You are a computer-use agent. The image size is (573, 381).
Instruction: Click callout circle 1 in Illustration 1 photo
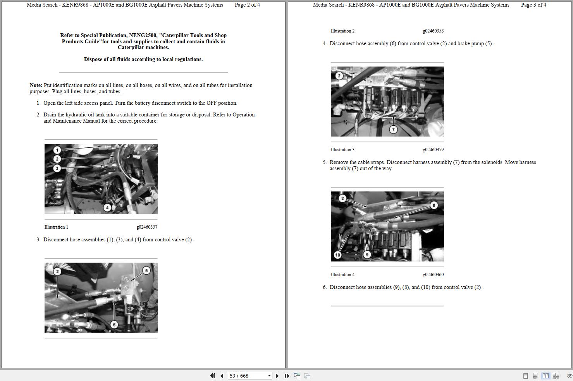pyautogui.click(x=57, y=150)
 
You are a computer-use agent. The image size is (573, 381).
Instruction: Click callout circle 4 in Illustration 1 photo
pyautogui.click(x=107, y=207)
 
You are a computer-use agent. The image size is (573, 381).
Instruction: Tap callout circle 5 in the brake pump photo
pyautogui.click(x=146, y=270)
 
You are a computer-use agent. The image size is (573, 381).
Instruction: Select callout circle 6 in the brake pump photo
pyautogui.click(x=114, y=325)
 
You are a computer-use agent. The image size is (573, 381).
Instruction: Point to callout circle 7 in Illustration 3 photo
pyautogui.click(x=393, y=130)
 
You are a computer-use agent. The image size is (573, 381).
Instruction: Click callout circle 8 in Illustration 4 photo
pyautogui.click(x=434, y=205)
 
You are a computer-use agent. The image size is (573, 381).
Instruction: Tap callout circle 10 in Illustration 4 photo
pyautogui.click(x=337, y=255)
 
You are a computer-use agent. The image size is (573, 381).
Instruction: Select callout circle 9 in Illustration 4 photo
pyautogui.click(x=367, y=255)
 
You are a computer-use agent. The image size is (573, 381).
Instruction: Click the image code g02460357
pyautogui.click(x=147, y=227)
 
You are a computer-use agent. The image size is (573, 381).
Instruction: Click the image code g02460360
pyautogui.click(x=433, y=275)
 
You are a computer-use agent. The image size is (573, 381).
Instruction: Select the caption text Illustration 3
pyautogui.click(x=342, y=150)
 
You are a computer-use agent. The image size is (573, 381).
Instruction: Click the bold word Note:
pyautogui.click(x=36, y=85)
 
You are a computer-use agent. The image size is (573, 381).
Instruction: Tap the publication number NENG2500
pyautogui.click(x=143, y=35)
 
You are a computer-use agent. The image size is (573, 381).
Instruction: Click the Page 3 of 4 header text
pyautogui.click(x=533, y=5)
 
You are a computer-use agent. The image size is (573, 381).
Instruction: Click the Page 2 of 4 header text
pyautogui.click(x=247, y=5)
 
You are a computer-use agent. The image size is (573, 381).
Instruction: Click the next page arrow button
pyautogui.click(x=277, y=376)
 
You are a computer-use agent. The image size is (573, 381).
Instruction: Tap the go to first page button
pyautogui.click(x=212, y=376)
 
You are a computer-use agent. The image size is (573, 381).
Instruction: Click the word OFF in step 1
pyautogui.click(x=212, y=103)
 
